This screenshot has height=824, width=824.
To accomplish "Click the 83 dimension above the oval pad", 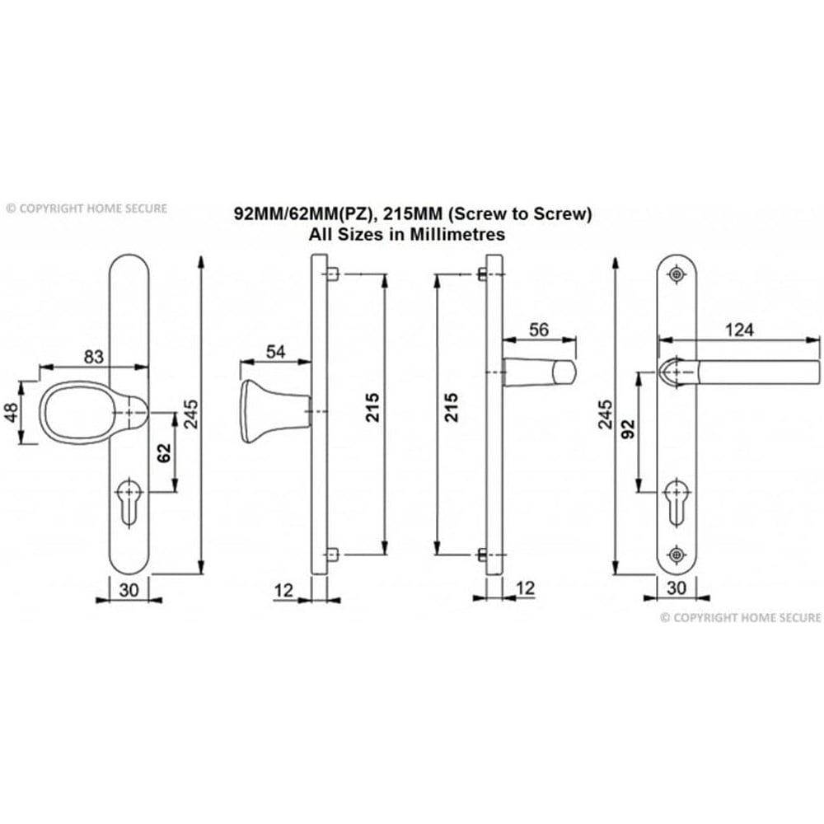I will pos(94,357).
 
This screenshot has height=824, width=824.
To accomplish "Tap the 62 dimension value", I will pos(163,452).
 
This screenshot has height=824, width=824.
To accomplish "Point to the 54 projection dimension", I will pos(275,352).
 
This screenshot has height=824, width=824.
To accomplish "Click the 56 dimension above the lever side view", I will pos(538,330).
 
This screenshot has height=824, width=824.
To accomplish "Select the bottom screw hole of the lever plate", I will pos(677,554).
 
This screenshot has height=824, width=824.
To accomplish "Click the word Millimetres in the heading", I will pos(461,234).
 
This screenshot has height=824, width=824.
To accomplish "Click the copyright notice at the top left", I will pos(86,208).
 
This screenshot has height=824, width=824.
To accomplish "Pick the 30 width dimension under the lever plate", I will pos(677,588).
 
